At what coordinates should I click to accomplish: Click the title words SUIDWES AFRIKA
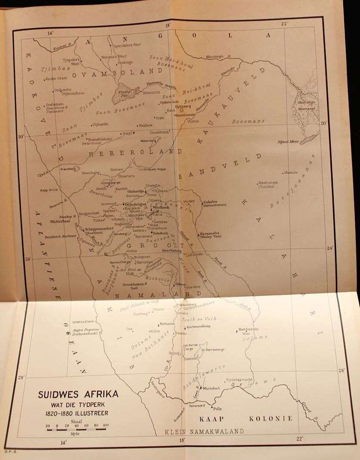pyautogui.click(x=78, y=394)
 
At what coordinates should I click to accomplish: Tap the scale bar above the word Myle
pyautogui.click(x=77, y=429)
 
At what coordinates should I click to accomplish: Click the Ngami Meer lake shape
pyautogui.click(x=309, y=139)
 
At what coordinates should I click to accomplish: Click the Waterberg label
pyautogui.click(x=148, y=140)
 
